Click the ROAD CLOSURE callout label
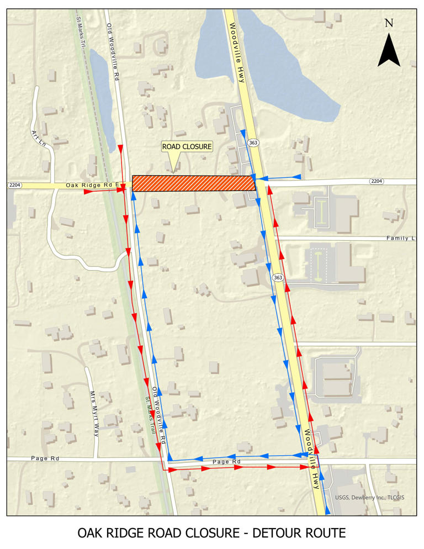click(x=187, y=147)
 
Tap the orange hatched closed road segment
click(x=193, y=183)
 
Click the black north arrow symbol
click(x=389, y=50)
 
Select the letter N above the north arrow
click(x=389, y=23)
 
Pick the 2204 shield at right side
click(x=377, y=181)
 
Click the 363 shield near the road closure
click(x=253, y=142)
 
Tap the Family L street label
click(x=402, y=238)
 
